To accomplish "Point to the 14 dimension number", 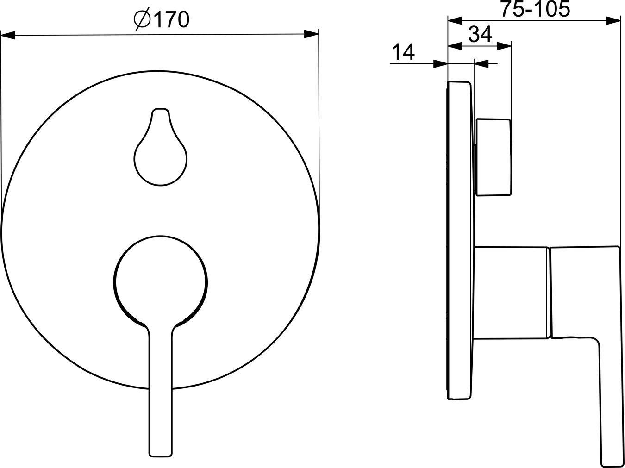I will (x=403, y=52).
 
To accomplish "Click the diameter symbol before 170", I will (x=142, y=20).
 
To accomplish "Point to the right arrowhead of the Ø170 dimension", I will (x=311, y=34).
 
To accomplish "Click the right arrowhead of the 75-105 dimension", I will (x=614, y=20).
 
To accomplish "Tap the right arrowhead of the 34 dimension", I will (x=505, y=45).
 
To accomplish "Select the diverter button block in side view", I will (x=494, y=157).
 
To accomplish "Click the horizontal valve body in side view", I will (x=512, y=293).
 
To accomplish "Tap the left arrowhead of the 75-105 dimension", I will (x=456, y=20).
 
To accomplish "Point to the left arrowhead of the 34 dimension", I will (x=456, y=45).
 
